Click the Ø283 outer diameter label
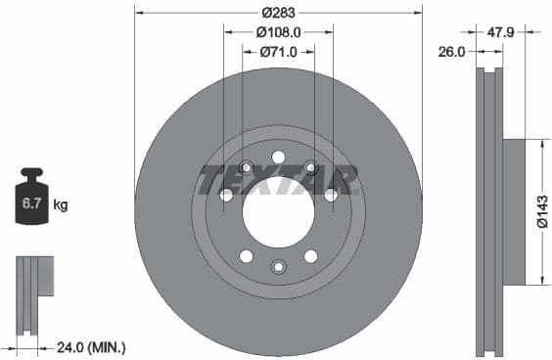[x=278, y=13]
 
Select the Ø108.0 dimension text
[x=278, y=32]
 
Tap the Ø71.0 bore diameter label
[x=278, y=52]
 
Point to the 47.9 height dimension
[x=502, y=32]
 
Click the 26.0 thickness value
[x=451, y=52]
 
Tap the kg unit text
[x=60, y=204]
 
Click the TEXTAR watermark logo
[x=279, y=180]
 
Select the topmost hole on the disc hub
[x=278, y=157]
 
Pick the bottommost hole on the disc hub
[x=278, y=266]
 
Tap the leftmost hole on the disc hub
[x=226, y=195]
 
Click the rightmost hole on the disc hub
[x=331, y=195]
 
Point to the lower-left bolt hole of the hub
[x=246, y=256]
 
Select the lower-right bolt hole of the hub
[x=310, y=256]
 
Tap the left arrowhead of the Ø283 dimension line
[x=138, y=13]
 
